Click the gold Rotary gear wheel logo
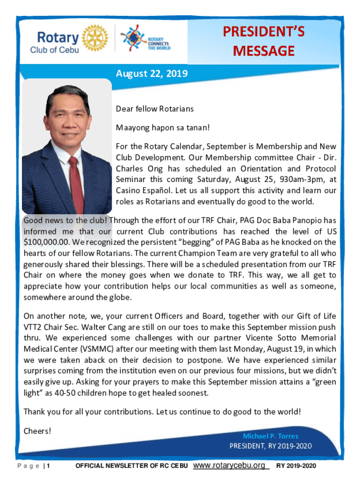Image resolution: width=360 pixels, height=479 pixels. (94, 37)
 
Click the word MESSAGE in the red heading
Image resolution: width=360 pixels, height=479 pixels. (264, 51)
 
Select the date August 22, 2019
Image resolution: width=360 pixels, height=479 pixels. (151, 73)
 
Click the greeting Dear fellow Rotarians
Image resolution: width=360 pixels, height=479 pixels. (154, 109)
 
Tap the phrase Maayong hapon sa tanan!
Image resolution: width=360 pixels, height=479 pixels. (163, 127)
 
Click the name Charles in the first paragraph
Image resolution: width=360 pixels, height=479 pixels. (130, 168)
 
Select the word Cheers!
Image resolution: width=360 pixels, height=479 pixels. (37, 431)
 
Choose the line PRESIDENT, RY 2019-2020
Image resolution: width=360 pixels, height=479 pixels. (270, 446)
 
